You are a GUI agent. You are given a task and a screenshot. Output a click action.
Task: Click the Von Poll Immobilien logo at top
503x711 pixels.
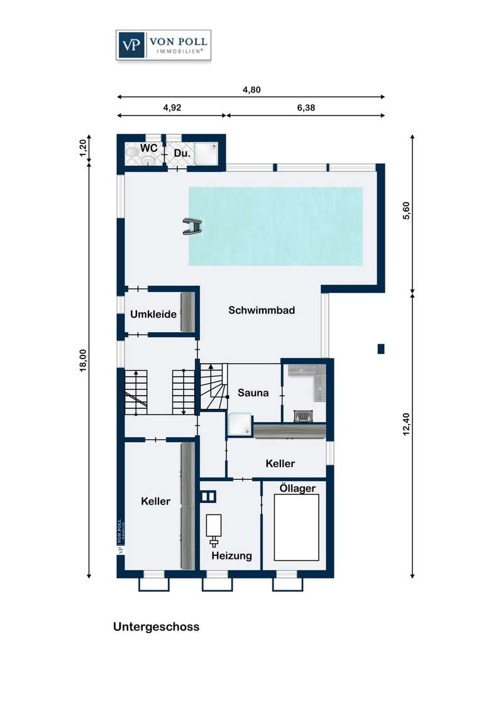point(163,45)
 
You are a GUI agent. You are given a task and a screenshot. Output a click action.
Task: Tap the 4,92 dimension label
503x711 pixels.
point(172,108)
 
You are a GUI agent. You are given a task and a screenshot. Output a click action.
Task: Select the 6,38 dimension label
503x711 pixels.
point(306,108)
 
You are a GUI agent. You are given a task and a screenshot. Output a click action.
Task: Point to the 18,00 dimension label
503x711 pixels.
point(83,361)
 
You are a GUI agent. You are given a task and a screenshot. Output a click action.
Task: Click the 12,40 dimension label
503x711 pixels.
point(406,424)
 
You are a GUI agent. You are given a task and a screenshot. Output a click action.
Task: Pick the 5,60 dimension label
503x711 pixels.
point(406,210)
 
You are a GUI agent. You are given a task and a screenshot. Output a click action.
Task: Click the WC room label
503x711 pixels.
point(148,148)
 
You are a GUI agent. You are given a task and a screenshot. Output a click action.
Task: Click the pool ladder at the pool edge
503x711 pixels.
point(193,227)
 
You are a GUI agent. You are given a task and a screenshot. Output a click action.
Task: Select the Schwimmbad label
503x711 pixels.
point(262,310)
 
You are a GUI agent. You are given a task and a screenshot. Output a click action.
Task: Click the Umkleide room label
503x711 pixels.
point(153,314)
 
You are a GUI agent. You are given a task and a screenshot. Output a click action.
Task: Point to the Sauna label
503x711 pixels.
point(253,393)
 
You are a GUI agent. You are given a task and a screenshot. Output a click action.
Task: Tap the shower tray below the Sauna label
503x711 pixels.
point(240,424)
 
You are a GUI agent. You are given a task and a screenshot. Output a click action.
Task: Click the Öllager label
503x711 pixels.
point(298,488)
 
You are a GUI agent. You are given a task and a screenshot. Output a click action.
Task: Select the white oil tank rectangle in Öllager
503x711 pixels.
point(296,528)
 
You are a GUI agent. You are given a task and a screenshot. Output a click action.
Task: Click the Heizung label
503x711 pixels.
point(231,555)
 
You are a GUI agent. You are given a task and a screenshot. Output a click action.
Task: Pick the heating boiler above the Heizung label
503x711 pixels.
point(213,530)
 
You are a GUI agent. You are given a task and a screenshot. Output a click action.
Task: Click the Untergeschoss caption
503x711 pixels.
point(156,627)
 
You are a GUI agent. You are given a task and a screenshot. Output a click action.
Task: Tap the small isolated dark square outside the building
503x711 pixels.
point(381,349)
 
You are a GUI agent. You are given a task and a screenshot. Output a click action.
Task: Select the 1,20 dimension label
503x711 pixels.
point(83,148)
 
